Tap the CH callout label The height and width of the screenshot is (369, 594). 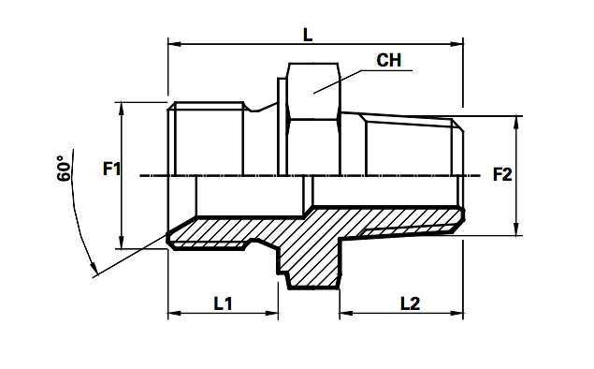coord(389,62)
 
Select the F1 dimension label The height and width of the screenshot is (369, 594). coord(111,170)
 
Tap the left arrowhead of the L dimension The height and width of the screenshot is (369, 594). coord(173,43)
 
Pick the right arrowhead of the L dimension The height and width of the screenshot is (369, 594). coord(459,43)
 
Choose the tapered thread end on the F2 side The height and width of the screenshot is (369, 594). coord(412,145)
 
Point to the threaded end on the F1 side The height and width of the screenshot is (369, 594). coord(208,140)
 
